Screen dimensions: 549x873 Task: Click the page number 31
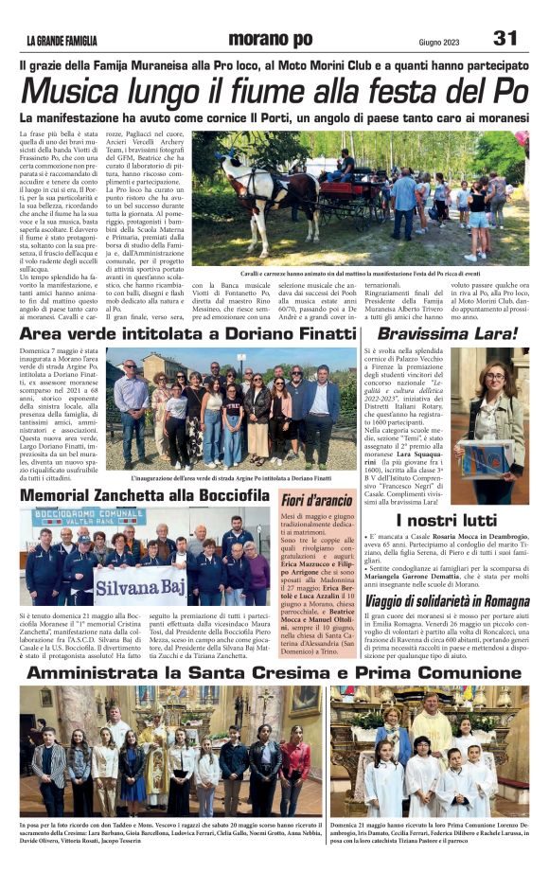tap(505, 39)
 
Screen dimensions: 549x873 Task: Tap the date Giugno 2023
tap(443, 41)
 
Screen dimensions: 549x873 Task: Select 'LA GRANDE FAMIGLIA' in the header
tap(62, 41)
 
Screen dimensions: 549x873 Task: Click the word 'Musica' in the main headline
tap(72, 91)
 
